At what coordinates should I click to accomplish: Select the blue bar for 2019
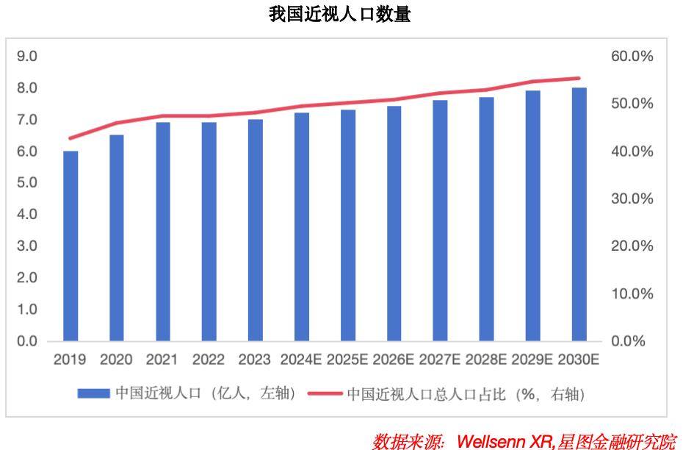tap(71, 246)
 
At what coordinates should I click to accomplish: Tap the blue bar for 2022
tap(209, 232)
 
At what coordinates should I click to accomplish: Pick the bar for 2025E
tap(347, 226)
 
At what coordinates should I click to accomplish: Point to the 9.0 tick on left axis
tap(27, 57)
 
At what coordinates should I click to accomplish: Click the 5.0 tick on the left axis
tap(27, 183)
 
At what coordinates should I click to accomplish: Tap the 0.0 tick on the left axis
tap(27, 341)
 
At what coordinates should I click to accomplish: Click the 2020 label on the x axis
tap(116, 360)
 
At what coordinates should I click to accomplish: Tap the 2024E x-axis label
tap(301, 360)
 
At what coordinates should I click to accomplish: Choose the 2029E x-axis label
tap(532, 360)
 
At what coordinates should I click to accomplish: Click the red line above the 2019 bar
tap(71, 138)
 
